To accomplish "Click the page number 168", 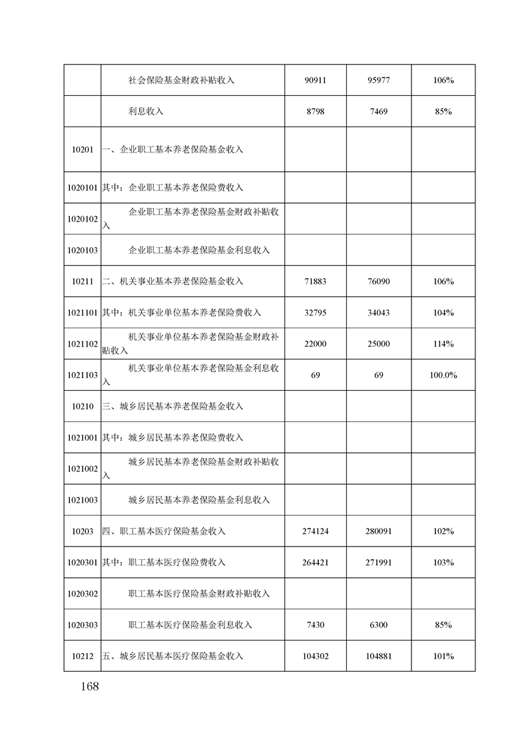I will point(87,686).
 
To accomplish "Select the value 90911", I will point(316,81).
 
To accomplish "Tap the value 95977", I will point(378,81).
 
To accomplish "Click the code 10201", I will point(83,149).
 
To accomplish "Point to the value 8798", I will point(316,112).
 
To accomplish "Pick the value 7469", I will point(378,112).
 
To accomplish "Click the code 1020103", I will point(83,250).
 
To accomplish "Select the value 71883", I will point(316,282).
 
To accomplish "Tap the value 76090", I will point(378,282).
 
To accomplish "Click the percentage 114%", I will point(443,344).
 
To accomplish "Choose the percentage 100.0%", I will point(443,375).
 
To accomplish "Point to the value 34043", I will point(378,313).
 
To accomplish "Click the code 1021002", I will point(83,469).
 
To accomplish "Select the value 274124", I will point(316,531).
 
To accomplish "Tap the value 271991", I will point(378,563).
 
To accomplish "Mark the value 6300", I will point(378,625).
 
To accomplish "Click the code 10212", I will point(83,656).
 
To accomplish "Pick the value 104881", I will point(378,656).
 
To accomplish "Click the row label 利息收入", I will point(146,112).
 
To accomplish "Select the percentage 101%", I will point(443,656).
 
